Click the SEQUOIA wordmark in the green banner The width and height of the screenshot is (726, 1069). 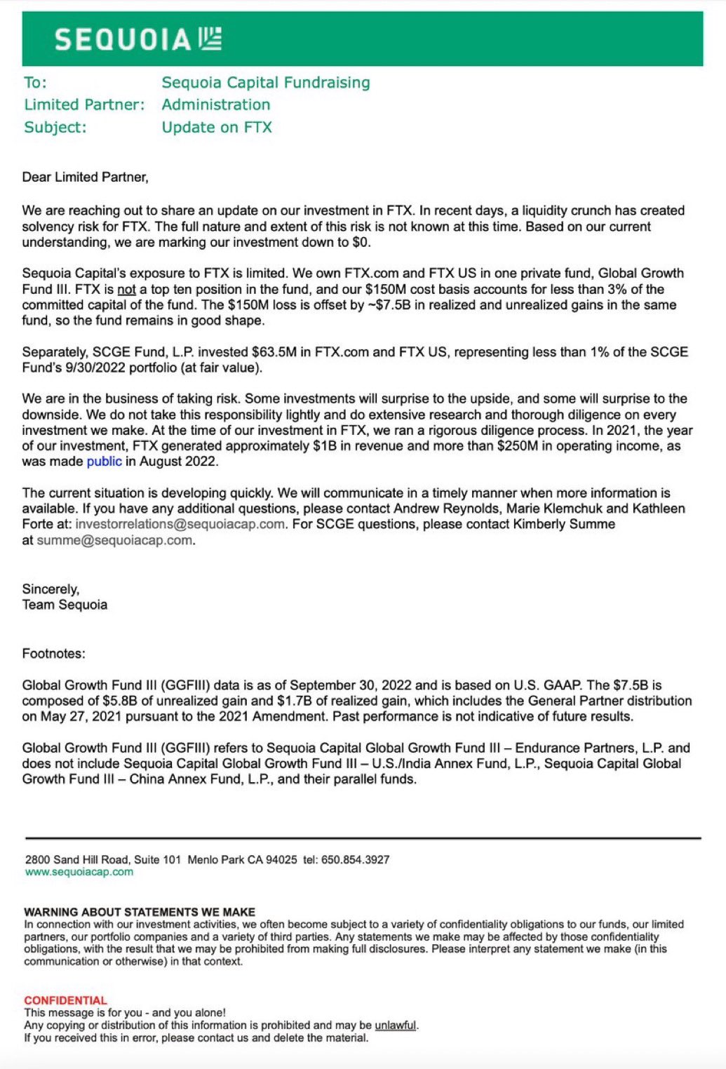[x=123, y=40]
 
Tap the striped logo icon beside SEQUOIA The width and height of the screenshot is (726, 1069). [x=210, y=39]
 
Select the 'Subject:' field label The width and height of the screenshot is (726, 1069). [x=55, y=128]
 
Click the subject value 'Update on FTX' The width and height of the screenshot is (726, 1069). [x=217, y=128]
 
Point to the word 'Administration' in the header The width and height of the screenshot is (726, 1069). [x=216, y=105]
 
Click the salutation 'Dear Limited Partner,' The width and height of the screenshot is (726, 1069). [x=85, y=177]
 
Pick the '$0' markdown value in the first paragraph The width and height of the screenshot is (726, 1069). [x=359, y=243]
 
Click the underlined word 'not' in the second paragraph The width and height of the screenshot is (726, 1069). [x=126, y=290]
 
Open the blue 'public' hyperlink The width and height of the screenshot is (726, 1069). [x=104, y=462]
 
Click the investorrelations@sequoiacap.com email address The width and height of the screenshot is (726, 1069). [x=180, y=525]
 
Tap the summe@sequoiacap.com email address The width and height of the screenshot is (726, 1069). [x=114, y=541]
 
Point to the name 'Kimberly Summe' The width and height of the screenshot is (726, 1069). [x=572, y=525]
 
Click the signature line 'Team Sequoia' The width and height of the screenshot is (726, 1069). [x=65, y=605]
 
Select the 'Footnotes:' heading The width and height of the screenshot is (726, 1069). [x=53, y=654]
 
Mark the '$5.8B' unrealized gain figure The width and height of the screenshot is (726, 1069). [x=121, y=701]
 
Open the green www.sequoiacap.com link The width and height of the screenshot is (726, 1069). [x=79, y=872]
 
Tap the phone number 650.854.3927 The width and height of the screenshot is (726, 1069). [x=355, y=860]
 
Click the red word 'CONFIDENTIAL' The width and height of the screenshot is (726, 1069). [x=65, y=1000]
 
